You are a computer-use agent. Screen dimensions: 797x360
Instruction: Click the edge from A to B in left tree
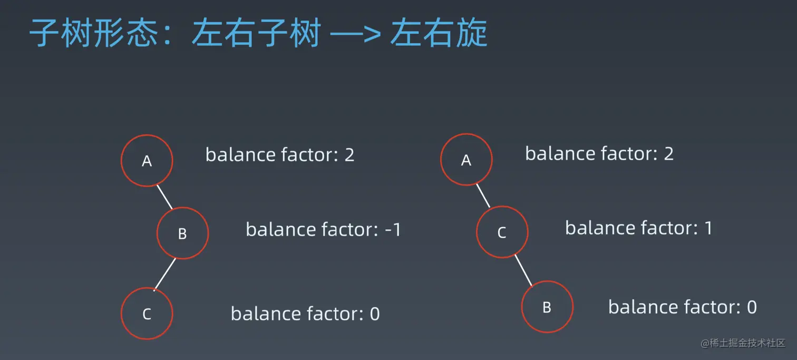click(165, 197)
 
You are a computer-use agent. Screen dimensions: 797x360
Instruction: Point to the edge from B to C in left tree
click(165, 274)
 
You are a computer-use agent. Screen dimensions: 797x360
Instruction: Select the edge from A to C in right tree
click(483, 196)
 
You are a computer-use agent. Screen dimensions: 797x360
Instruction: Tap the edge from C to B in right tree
click(524, 270)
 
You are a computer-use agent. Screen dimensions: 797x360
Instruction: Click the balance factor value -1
click(393, 230)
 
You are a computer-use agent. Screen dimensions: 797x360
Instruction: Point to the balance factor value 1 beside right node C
click(708, 228)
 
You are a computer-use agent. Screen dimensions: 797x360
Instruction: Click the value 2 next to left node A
click(349, 155)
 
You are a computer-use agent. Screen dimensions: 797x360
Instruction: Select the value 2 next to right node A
click(669, 154)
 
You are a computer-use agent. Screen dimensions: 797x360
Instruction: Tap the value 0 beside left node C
click(375, 314)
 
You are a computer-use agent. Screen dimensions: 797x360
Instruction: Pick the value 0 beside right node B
click(752, 307)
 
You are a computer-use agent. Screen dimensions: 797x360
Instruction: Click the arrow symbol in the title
click(355, 34)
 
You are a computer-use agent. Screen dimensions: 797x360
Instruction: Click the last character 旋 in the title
click(471, 33)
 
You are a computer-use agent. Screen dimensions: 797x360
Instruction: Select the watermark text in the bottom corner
click(743, 343)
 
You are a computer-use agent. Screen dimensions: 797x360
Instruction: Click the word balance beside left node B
click(280, 229)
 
